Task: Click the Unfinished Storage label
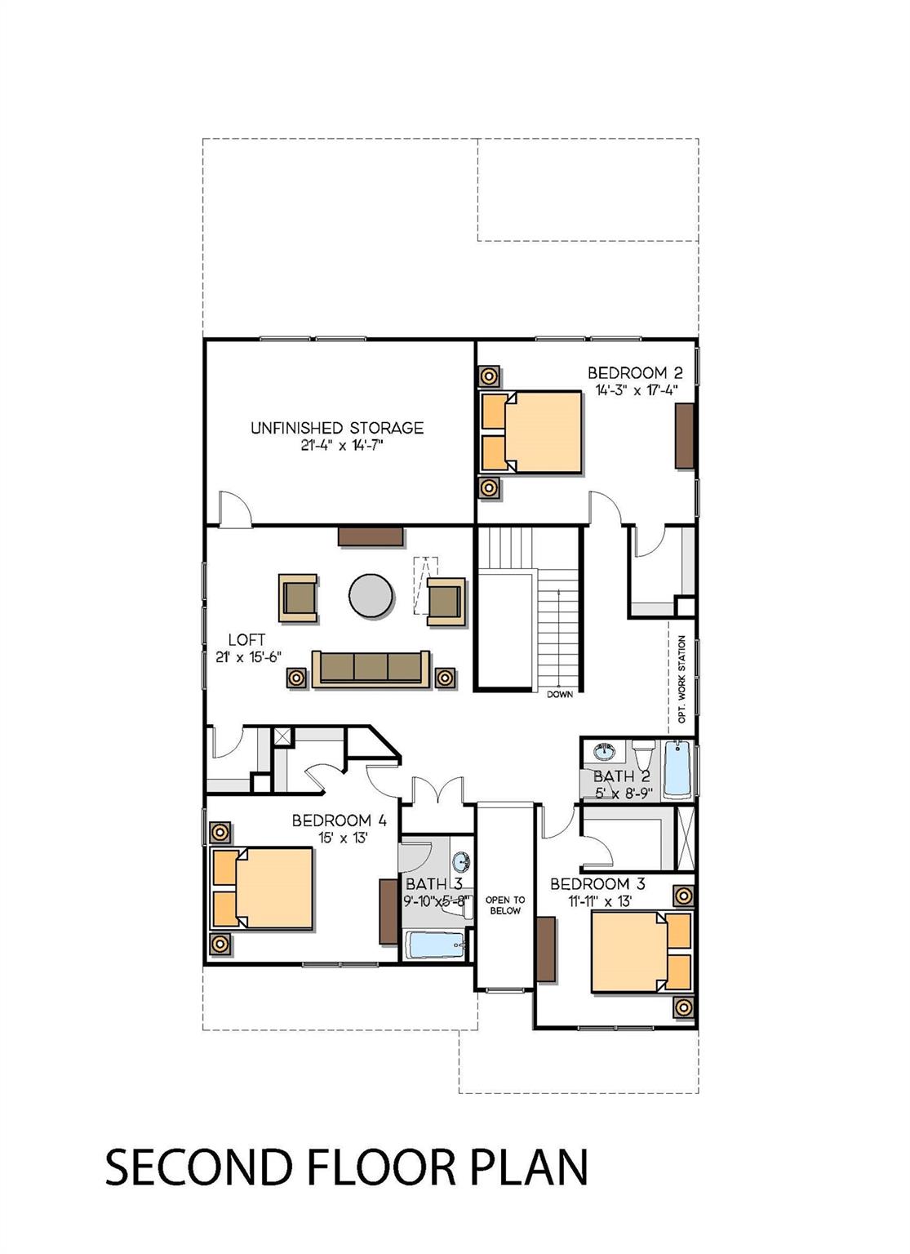[x=337, y=429]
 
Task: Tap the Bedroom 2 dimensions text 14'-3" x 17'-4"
[x=637, y=390]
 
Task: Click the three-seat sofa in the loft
[x=371, y=669]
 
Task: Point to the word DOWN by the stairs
[x=560, y=695]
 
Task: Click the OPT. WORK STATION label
[x=681, y=678]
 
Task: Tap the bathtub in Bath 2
[x=677, y=768]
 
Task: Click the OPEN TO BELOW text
[x=505, y=905]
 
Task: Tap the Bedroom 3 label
[x=597, y=884]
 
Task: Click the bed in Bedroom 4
[x=262, y=888]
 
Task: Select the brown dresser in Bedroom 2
[x=684, y=436]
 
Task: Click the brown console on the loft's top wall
[x=371, y=536]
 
